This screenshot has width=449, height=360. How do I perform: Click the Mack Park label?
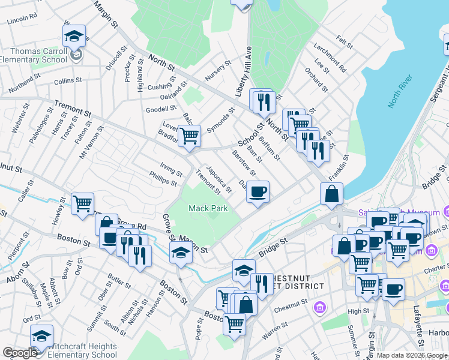click(x=208, y=208)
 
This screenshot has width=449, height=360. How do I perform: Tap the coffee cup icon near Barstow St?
click(x=258, y=192)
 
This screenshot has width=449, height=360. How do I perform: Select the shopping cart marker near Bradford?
click(x=190, y=135)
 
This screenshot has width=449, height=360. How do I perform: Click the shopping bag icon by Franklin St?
click(x=331, y=194)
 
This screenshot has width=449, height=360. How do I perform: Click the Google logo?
click(x=20, y=353)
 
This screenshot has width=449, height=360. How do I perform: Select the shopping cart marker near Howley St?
click(x=82, y=203)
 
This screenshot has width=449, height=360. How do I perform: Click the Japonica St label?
click(x=218, y=179)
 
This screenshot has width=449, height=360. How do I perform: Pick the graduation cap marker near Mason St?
click(x=181, y=253)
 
